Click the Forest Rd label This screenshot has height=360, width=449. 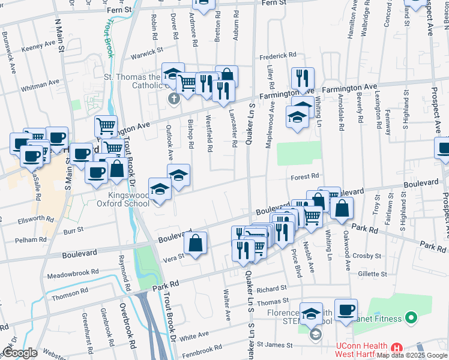tap(306, 176)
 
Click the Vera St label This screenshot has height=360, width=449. tap(171, 258)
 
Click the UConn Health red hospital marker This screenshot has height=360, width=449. tap(396, 348)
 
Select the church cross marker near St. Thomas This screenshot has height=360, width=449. tap(174, 98)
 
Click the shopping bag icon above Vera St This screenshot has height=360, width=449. tap(196, 244)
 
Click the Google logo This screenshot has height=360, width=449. tap(20, 353)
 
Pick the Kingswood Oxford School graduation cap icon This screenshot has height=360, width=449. tap(160, 191)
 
